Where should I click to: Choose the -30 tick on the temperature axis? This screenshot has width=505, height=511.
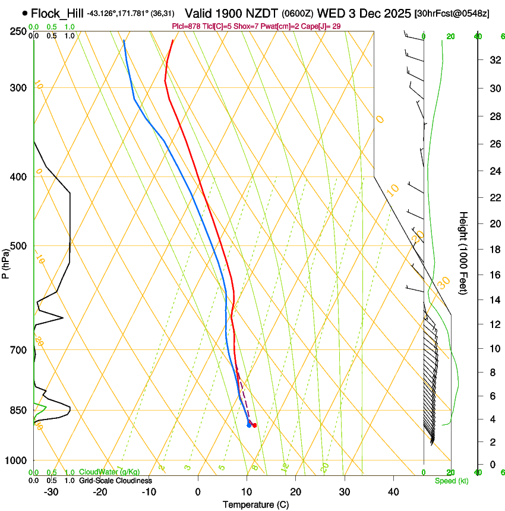click(x=51, y=491)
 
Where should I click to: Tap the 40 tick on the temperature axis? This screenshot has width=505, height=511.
click(x=393, y=491)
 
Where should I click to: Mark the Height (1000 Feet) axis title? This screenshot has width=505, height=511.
click(x=463, y=253)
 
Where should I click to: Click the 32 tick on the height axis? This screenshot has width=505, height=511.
click(x=493, y=60)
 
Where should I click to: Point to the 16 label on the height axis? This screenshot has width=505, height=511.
click(x=493, y=275)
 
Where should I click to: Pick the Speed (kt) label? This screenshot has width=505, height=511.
click(x=451, y=481)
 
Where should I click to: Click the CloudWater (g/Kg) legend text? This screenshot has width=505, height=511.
click(x=109, y=472)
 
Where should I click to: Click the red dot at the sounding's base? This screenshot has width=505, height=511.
click(x=254, y=425)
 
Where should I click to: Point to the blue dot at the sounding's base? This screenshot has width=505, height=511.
click(x=249, y=424)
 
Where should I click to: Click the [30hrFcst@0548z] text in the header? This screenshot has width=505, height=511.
click(x=452, y=14)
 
